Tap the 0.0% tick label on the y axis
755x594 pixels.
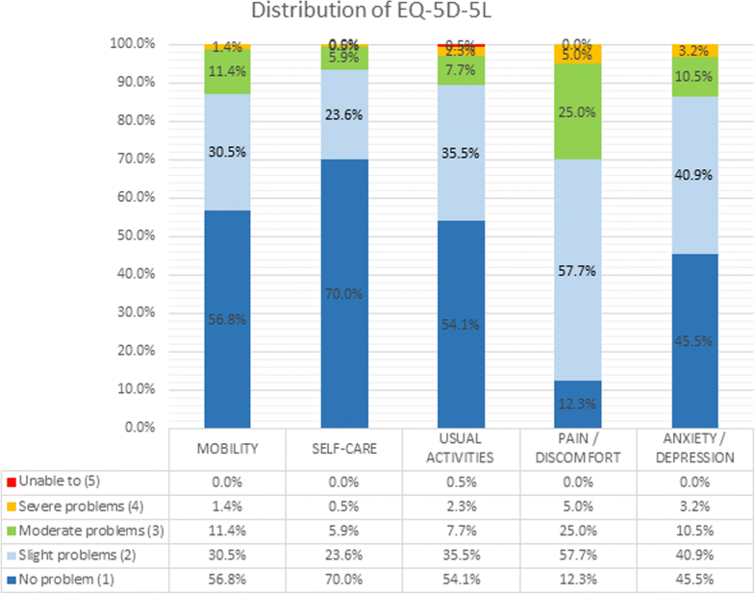[140, 428]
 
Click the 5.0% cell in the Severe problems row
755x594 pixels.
[576, 507]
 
